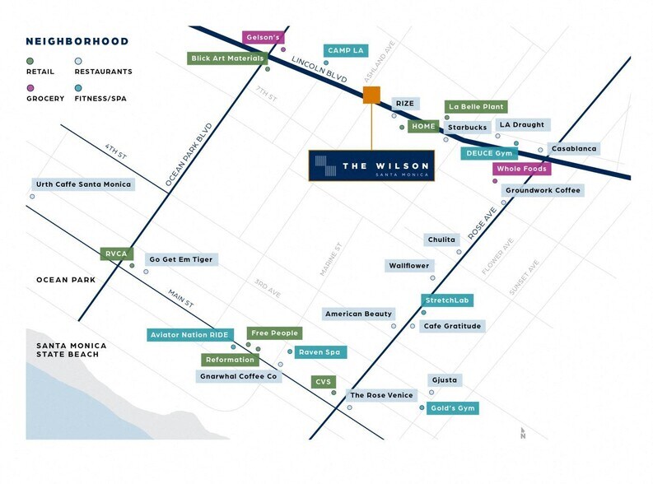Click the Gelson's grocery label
pos(264,38)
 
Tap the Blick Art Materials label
pos(227,58)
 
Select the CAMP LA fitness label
pos(346,51)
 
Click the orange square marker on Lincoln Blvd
pos(371,95)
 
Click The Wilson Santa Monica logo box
pos(373,165)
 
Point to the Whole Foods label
pos(521,169)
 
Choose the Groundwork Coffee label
pos(543,190)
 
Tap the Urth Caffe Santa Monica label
pos(83,184)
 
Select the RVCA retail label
pos(116,254)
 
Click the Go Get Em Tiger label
pos(180,259)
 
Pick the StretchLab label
pos(448,300)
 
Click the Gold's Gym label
pos(453,408)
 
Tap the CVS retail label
pos(322,382)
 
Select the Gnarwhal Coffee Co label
pos(239,376)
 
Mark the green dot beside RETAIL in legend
pos(30,61)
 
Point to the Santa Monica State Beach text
pos(68,350)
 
